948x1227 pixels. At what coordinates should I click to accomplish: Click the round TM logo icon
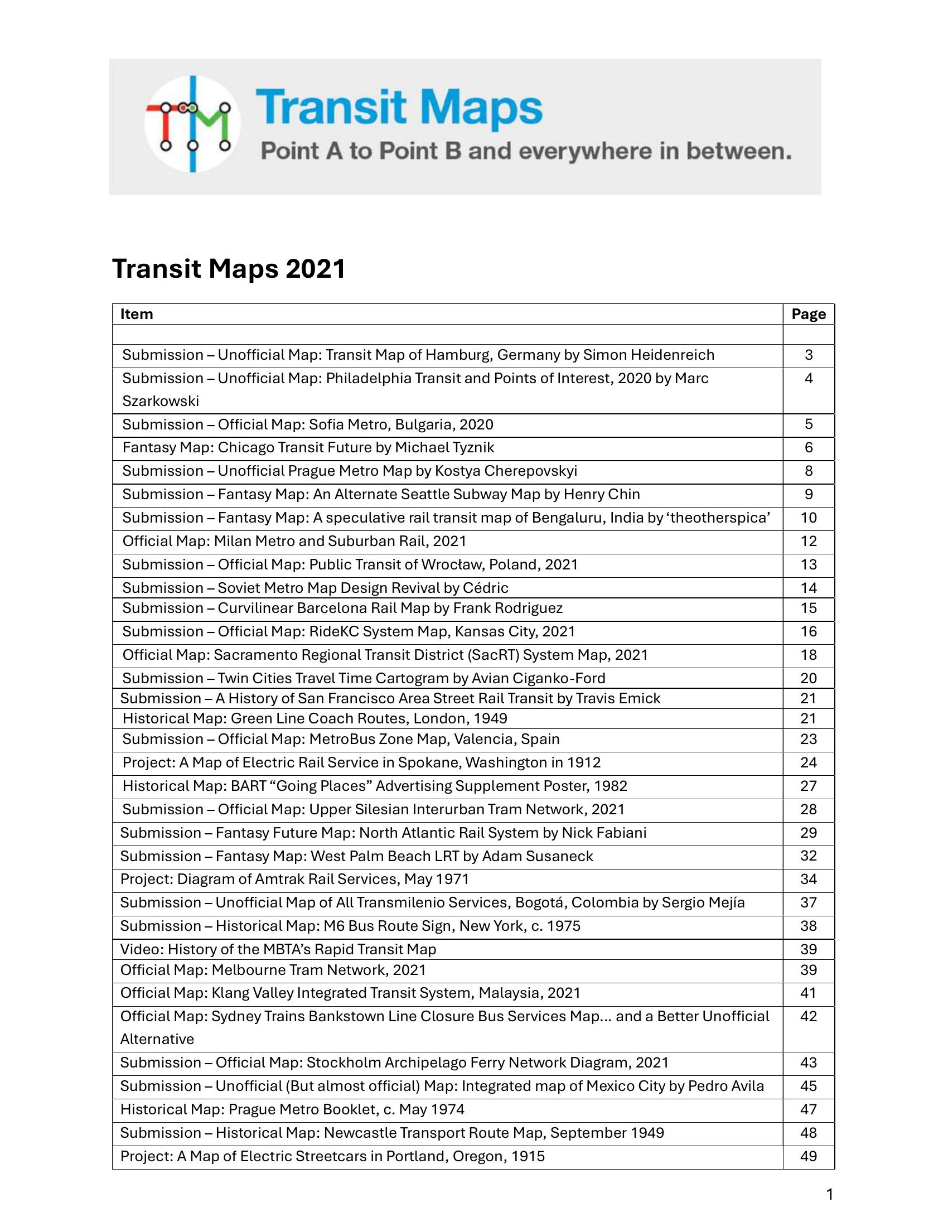[192, 124]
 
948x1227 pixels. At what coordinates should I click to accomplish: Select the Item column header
[137, 314]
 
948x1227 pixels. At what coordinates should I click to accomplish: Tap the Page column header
[808, 314]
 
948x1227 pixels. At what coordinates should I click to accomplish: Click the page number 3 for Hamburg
[808, 355]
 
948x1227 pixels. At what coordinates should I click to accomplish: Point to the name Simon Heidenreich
[649, 355]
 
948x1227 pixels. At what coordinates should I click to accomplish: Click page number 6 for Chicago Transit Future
[808, 448]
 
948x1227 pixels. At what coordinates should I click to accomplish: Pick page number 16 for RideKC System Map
[808, 631]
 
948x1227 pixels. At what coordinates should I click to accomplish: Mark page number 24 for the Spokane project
[808, 762]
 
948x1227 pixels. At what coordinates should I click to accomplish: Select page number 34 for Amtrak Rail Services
[808, 879]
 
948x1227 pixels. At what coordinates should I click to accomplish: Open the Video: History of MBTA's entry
[278, 949]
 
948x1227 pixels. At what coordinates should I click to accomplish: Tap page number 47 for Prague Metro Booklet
[808, 1109]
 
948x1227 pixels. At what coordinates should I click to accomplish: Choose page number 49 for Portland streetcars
[808, 1156]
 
